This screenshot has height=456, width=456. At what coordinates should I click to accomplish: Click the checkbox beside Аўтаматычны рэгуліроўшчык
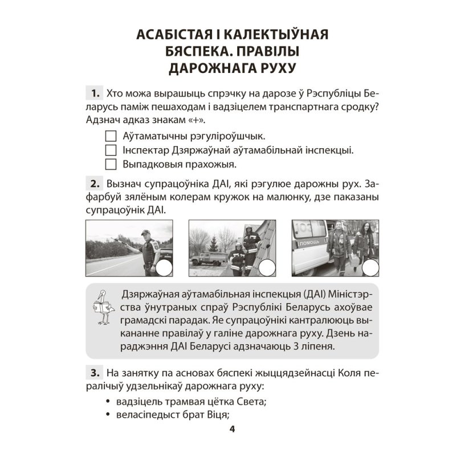coord(111,137)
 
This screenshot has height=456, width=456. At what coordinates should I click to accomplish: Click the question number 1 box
coord(92,93)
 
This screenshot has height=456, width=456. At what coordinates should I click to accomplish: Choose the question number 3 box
coord(92,373)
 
